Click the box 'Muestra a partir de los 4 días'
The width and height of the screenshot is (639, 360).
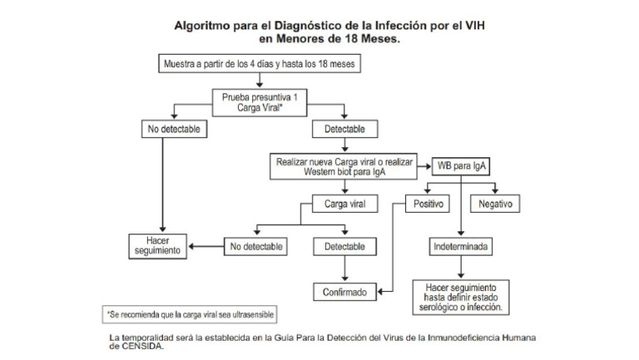[260, 63]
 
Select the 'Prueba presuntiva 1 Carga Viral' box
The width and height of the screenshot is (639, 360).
[260, 102]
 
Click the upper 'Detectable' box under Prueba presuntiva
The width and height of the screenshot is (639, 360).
[344, 130]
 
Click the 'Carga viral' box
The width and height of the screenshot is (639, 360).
[344, 202]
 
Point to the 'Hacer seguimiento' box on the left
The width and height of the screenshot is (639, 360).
[157, 245]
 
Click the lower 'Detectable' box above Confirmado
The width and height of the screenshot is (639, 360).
[344, 246]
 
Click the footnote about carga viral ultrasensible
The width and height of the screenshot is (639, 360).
[191, 315]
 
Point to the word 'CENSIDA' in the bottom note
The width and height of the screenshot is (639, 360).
[142, 348]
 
